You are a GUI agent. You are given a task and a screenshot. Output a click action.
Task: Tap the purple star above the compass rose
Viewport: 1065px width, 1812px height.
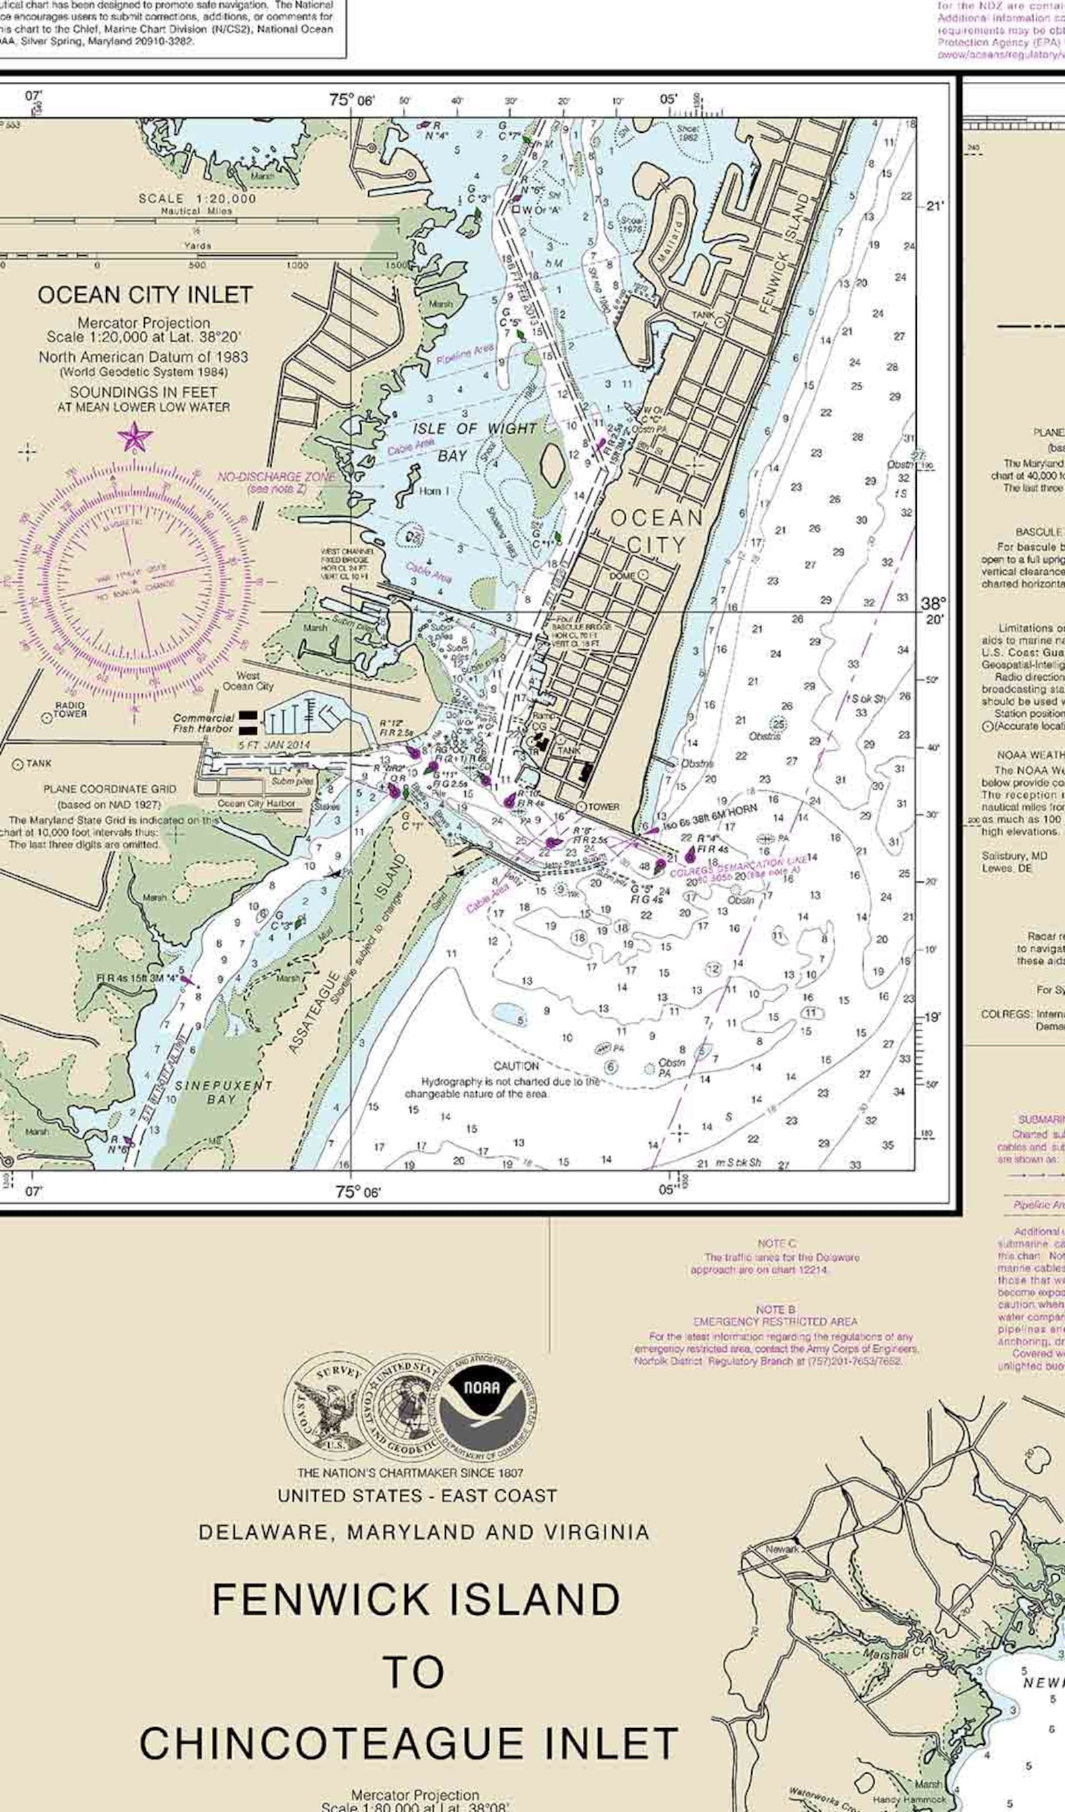pyautogui.click(x=135, y=437)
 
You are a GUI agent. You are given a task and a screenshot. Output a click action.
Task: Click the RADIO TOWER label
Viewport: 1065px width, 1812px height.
pyautogui.click(x=70, y=710)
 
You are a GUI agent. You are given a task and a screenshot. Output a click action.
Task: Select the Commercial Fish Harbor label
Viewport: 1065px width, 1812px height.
pyautogui.click(x=203, y=723)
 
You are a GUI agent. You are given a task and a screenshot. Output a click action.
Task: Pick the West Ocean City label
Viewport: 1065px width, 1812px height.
pyautogui.click(x=248, y=681)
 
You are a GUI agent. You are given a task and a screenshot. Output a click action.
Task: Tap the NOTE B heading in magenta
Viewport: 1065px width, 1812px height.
pyautogui.click(x=775, y=1310)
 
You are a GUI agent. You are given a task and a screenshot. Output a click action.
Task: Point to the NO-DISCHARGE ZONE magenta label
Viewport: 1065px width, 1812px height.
pyautogui.click(x=277, y=478)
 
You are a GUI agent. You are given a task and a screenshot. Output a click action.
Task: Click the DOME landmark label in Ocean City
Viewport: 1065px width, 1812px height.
pyautogui.click(x=622, y=576)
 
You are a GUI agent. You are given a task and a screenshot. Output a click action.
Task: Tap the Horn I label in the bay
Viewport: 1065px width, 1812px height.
pyautogui.click(x=434, y=491)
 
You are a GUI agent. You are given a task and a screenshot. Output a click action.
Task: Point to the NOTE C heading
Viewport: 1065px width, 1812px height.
pyautogui.click(x=776, y=1243)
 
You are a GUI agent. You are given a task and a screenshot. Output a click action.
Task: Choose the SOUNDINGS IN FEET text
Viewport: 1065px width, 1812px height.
pyautogui.click(x=143, y=392)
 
